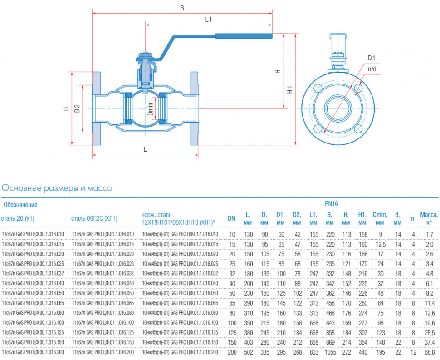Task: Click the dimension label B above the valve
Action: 182,8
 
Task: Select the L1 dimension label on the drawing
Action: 209,19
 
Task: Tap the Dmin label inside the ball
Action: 151,109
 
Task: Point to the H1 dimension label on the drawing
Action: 290,89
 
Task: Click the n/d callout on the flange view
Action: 372,69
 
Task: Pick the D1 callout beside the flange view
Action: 371,58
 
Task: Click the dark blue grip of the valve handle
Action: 244,36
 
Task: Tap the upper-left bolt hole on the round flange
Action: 318,88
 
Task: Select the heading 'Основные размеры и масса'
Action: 57,188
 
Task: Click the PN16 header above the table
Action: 332,204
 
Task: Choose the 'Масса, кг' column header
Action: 429,218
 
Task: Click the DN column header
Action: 231,218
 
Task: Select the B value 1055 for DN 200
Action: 330,352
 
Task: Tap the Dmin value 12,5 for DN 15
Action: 381,244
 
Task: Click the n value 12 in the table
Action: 413,352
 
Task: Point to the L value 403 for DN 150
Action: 249,343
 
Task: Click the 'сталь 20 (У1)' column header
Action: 18,218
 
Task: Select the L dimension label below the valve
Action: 145,149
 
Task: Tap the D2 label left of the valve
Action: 77,108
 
